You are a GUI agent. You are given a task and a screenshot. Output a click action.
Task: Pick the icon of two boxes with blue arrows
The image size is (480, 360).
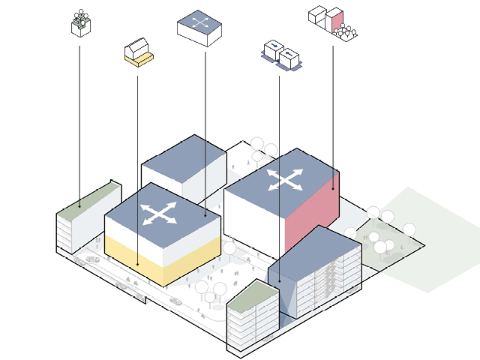click(280, 55)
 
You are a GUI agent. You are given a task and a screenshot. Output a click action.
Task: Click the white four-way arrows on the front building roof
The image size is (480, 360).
click(159, 213)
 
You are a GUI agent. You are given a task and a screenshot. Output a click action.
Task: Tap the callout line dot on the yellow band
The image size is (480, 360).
click(137, 264)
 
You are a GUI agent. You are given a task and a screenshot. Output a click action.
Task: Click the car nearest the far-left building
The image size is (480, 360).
click(93, 259)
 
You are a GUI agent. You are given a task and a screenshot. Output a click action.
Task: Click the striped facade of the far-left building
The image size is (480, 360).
click(66, 232)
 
